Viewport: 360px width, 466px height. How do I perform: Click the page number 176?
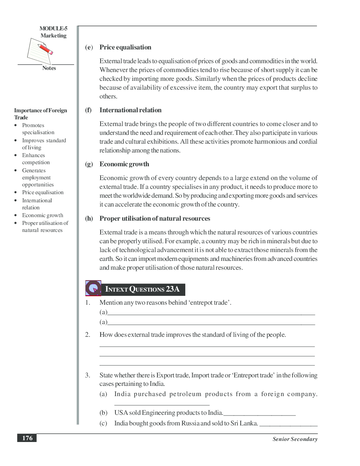point(27,438)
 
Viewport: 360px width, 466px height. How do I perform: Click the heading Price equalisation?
point(125,47)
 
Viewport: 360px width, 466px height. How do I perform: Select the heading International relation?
point(130,110)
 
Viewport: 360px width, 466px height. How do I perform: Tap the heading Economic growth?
point(124,164)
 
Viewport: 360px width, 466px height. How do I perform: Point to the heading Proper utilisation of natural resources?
point(155,219)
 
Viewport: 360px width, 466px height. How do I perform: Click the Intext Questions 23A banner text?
point(142,289)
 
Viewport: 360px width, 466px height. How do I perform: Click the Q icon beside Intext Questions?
point(93,288)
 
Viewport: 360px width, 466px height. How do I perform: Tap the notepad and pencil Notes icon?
point(40,51)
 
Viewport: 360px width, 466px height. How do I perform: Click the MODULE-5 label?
point(53,29)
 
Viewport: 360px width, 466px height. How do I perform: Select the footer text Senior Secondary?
point(295,439)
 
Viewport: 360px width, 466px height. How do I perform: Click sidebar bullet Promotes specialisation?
point(38,129)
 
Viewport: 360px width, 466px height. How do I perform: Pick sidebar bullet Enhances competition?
point(36,159)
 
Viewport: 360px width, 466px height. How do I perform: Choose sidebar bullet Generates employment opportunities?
point(37,178)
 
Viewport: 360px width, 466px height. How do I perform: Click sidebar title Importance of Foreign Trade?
point(40,114)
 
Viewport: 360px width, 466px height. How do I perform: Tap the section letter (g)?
point(89,164)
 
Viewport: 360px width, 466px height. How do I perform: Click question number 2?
point(88,335)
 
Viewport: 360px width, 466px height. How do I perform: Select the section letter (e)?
point(89,47)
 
